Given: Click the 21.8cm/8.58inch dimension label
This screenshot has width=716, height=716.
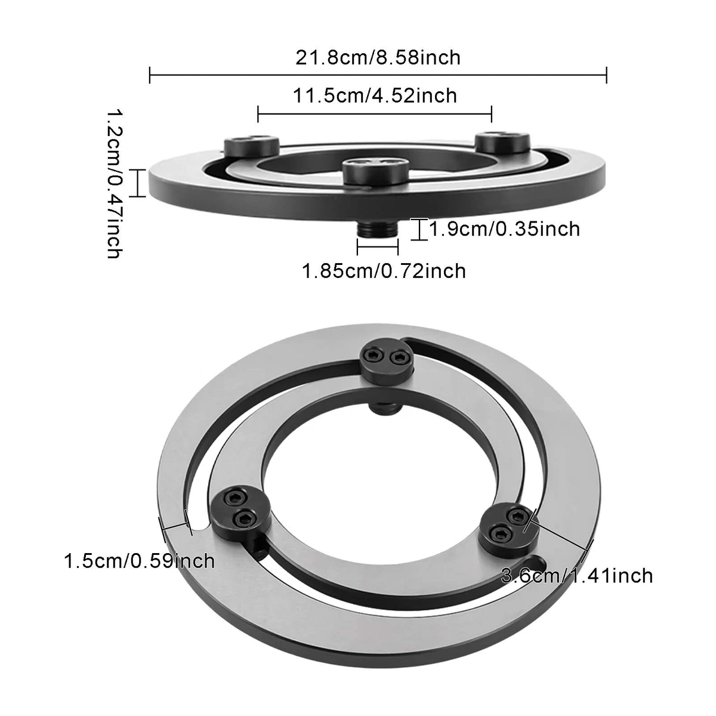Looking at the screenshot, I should coord(378,57).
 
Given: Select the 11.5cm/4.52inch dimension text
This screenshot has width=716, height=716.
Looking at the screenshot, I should coord(375,95).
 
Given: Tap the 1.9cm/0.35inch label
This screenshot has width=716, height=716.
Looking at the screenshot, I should coord(504,229).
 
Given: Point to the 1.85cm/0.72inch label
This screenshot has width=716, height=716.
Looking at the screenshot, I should coord(384,271).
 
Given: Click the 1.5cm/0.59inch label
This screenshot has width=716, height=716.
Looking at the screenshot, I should coord(139,561).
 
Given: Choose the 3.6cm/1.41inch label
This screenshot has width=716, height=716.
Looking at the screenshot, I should coord(577,575).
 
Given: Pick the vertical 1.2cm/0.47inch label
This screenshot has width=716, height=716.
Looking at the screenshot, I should coord(114,183).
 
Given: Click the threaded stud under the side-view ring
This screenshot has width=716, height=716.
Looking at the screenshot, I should coord(376,229).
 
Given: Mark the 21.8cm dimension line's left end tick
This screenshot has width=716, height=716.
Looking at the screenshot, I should coord(149,75).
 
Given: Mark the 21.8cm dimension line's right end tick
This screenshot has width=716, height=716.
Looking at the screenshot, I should coord(606,75).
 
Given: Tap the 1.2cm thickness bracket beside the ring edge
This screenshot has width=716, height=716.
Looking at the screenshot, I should coord(137,183).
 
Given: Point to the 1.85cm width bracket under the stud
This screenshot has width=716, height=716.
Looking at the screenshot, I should coord(378,246).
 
